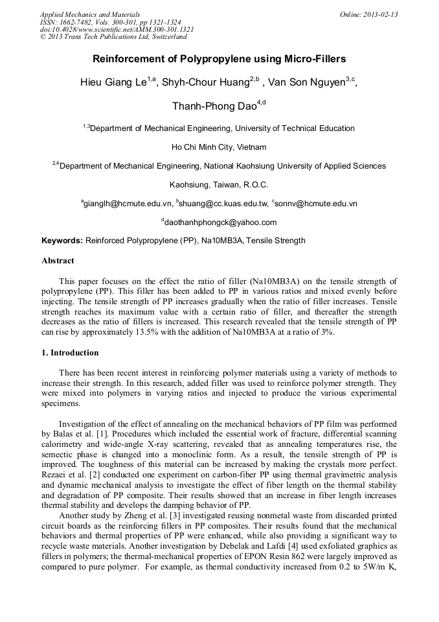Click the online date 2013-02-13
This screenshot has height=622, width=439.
click(381, 14)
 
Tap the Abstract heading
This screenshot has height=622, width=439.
click(58, 261)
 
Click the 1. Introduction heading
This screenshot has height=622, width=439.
click(70, 353)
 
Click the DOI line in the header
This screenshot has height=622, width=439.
click(117, 29)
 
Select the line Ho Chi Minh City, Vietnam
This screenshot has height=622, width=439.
click(219, 147)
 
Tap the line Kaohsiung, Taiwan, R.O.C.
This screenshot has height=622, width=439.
click(219, 185)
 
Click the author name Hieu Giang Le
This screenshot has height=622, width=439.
click(113, 82)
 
